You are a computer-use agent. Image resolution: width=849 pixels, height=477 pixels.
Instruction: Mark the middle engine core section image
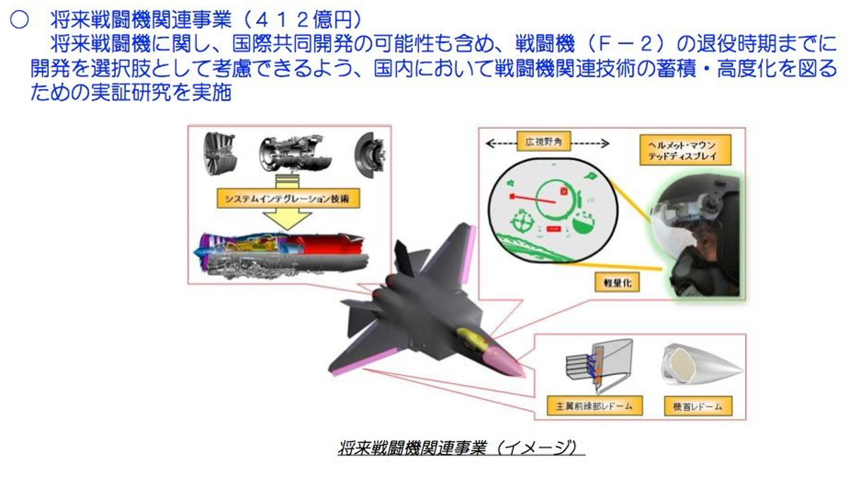click(290, 153)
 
